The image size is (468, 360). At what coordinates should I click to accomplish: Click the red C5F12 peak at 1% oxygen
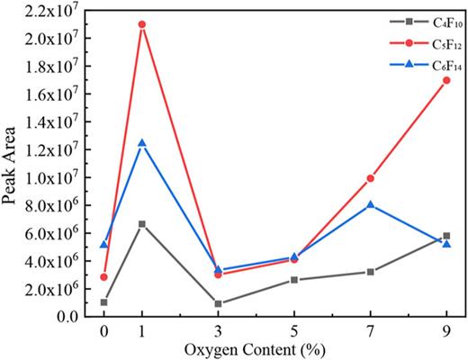click(x=142, y=24)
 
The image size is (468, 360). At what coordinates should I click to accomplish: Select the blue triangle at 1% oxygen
click(x=142, y=143)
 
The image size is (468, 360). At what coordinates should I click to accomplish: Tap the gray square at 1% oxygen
click(x=142, y=224)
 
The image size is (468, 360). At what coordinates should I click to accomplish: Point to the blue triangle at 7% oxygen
click(x=370, y=205)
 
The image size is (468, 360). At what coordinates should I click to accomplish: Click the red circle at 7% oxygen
click(x=370, y=178)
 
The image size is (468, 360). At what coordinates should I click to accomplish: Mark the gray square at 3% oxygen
click(x=219, y=303)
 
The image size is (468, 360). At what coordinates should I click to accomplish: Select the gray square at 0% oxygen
click(x=104, y=302)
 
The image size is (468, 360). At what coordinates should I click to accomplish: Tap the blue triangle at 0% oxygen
click(x=104, y=244)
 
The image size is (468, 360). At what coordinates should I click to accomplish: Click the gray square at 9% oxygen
click(x=446, y=236)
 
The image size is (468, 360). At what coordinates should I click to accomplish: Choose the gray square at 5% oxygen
click(x=294, y=280)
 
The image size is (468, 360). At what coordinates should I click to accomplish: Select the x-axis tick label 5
click(x=294, y=330)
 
